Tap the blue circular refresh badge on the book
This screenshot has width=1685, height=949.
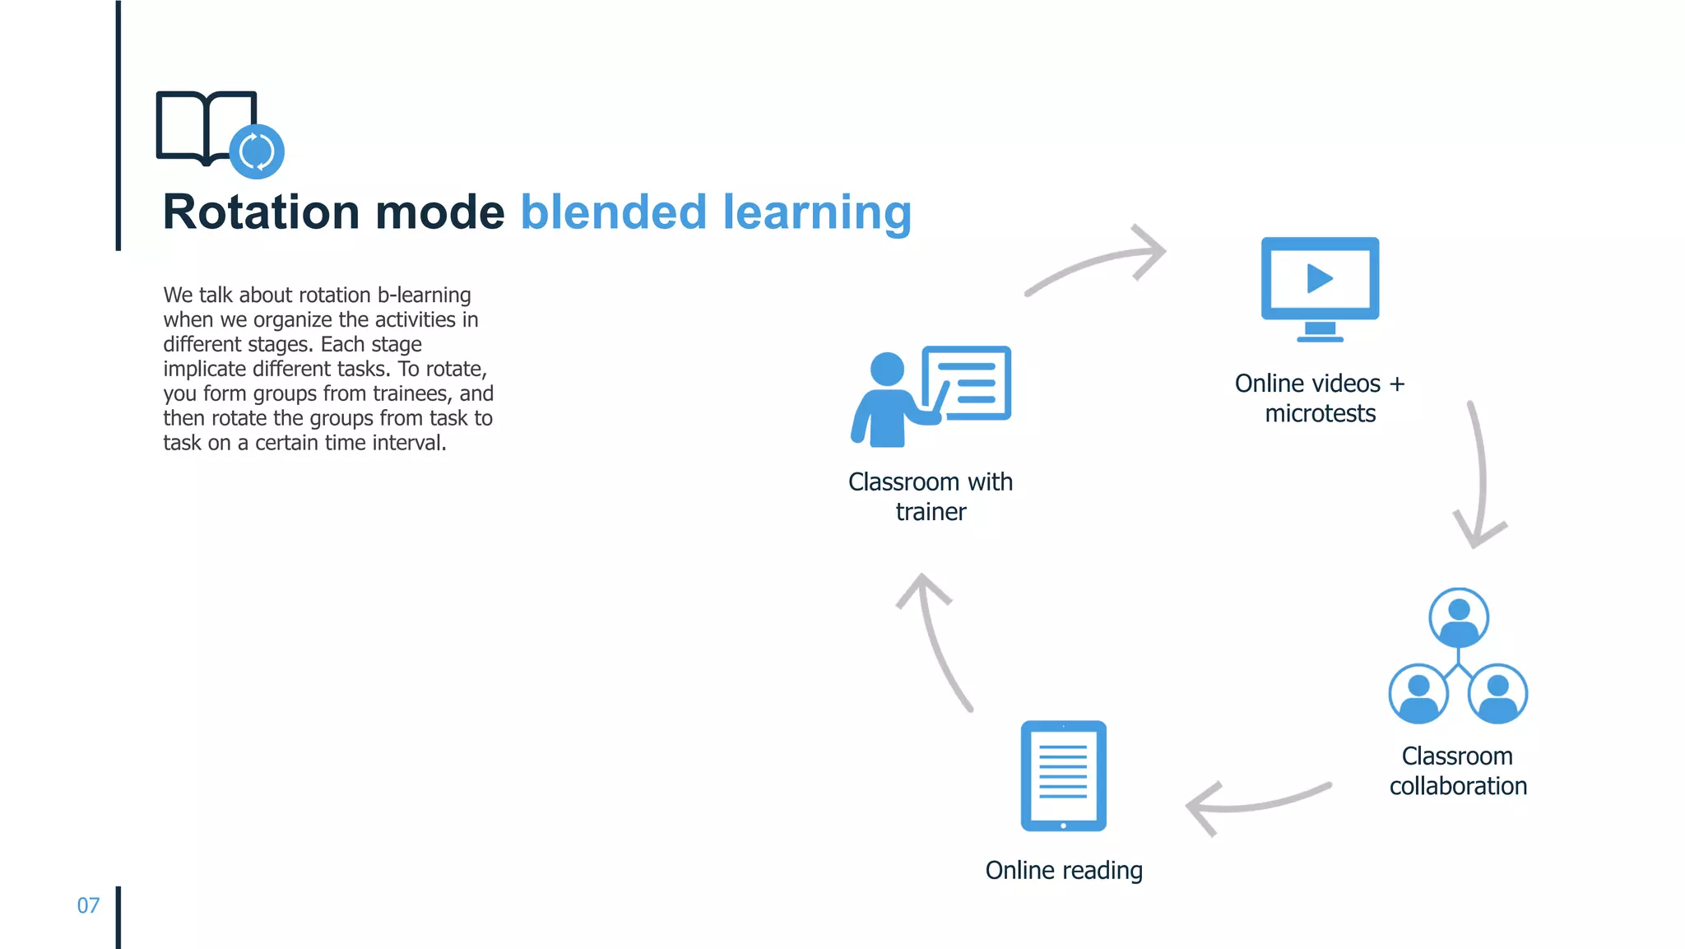tap(257, 151)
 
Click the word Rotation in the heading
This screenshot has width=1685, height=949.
tap(261, 212)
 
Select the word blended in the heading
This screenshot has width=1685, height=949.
tap(613, 212)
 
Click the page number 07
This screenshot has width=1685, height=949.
tap(88, 905)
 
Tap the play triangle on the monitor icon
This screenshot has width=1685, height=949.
tap(1319, 278)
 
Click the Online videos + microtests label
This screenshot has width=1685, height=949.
tap(1320, 398)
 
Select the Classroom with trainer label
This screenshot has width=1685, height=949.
tap(931, 496)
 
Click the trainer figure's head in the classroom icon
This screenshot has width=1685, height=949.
tap(887, 369)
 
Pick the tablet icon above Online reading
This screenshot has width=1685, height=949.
tap(1063, 775)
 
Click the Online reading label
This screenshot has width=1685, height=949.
tap(1064, 870)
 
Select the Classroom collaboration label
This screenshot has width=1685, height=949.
tap(1458, 771)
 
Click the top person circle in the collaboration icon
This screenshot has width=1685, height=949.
tap(1459, 617)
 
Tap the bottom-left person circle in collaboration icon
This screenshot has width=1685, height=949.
tap(1418, 694)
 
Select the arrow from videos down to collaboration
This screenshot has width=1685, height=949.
tap(1480, 477)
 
